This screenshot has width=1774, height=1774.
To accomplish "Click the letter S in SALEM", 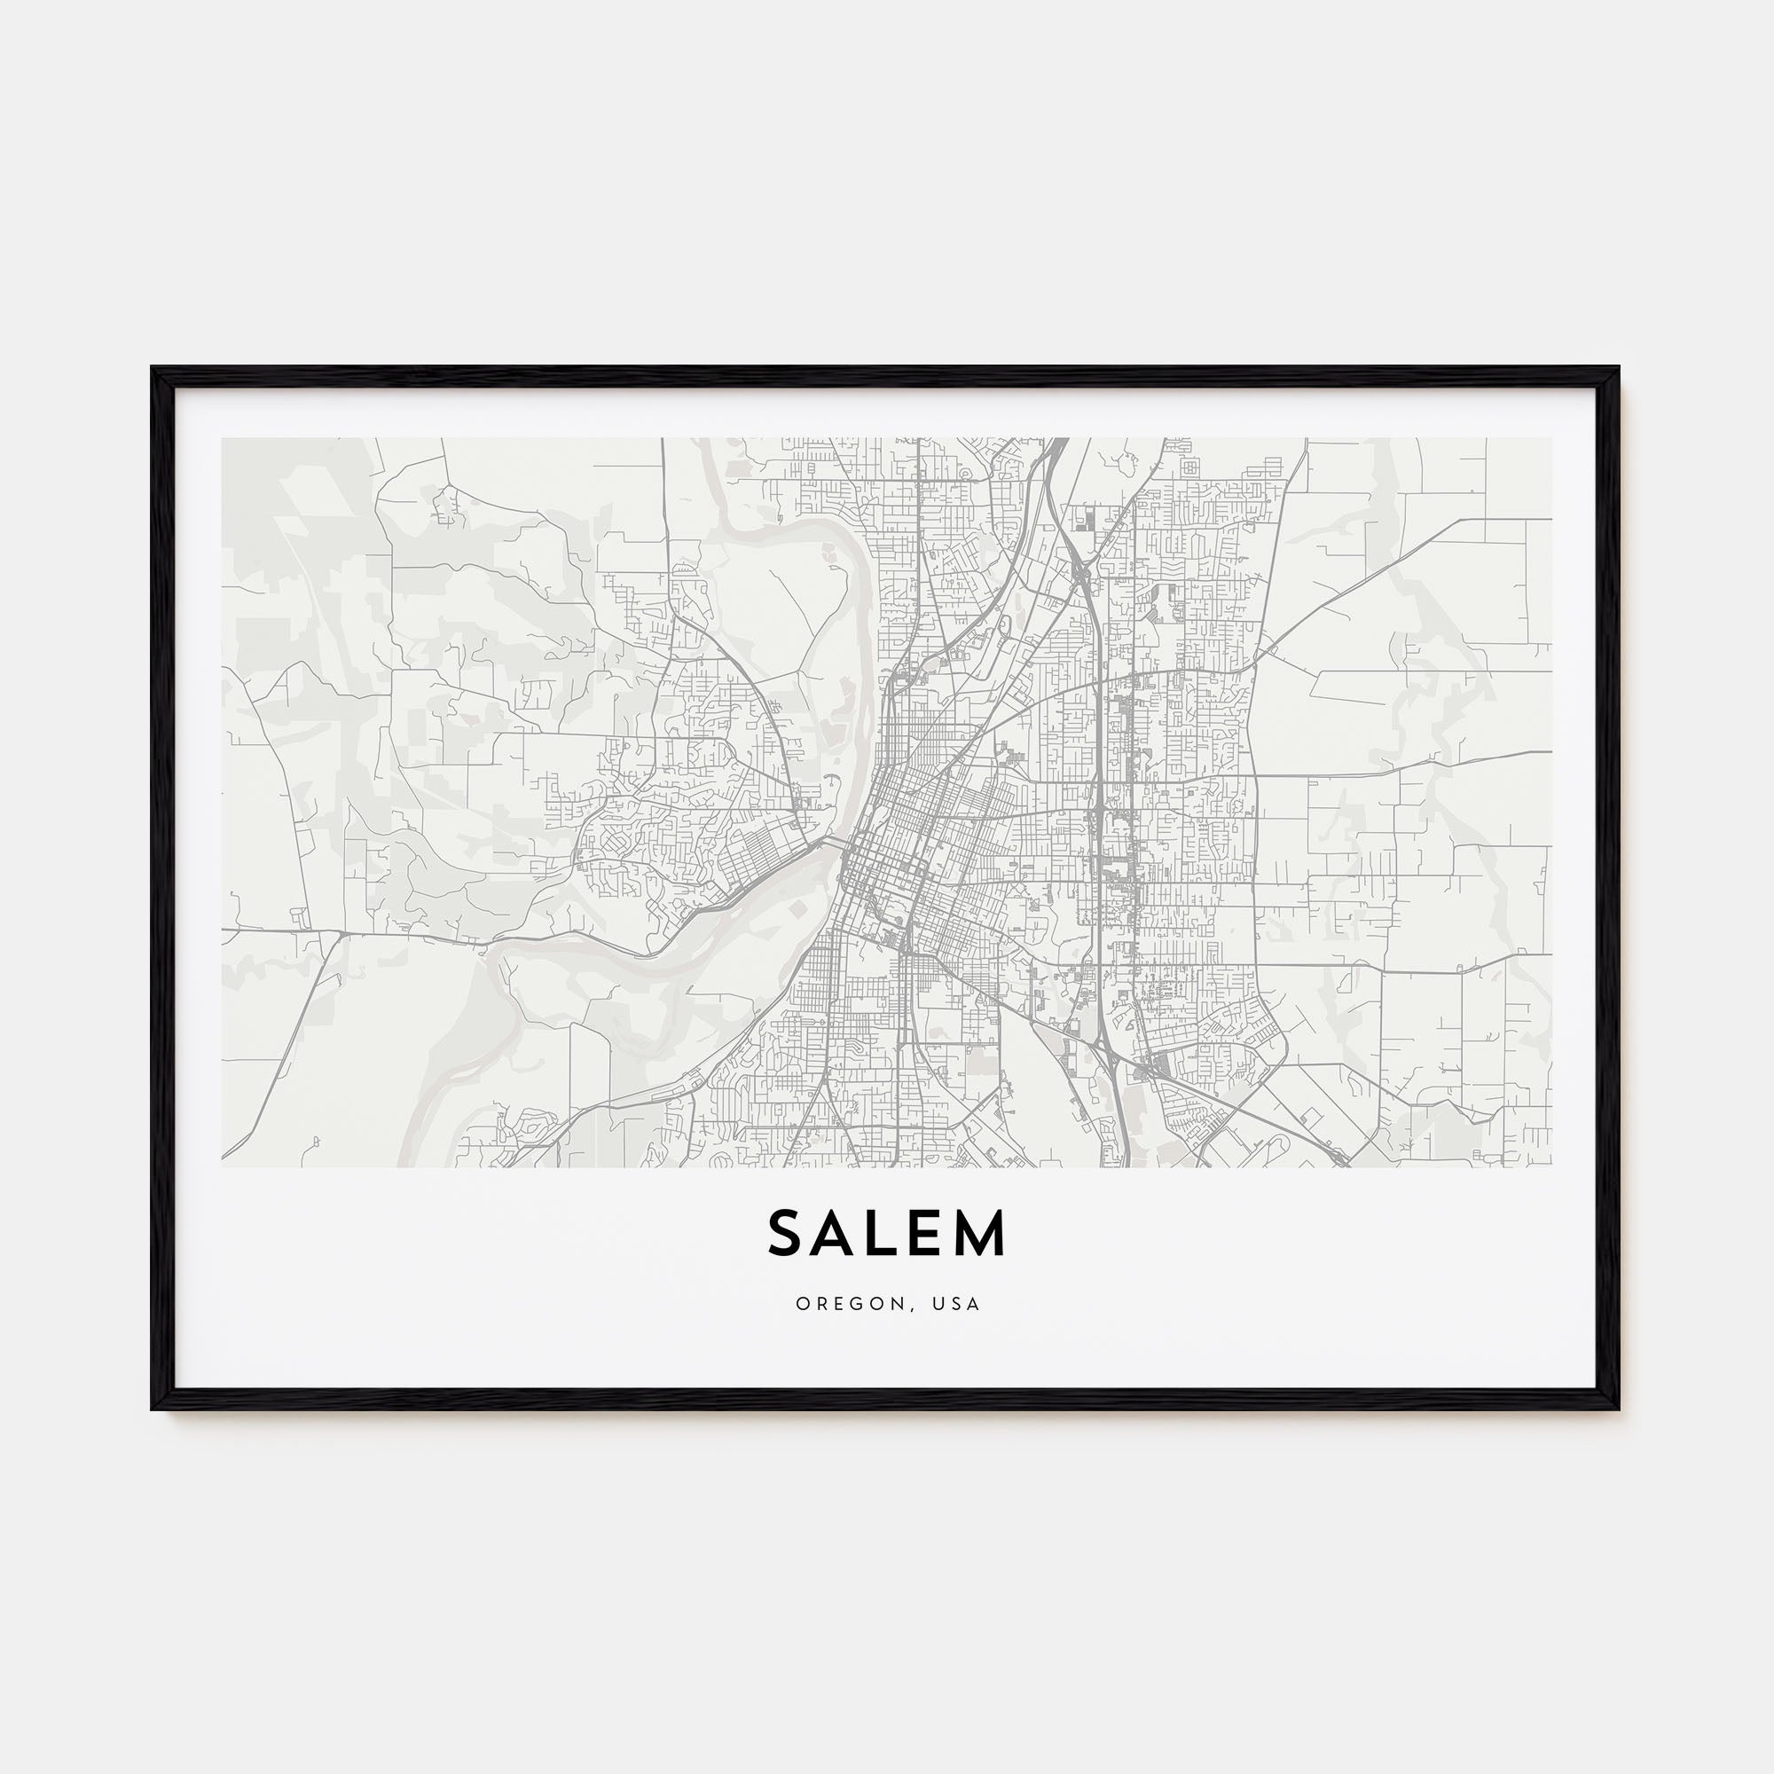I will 787,1233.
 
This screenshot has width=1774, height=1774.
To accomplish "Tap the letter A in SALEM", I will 839,1233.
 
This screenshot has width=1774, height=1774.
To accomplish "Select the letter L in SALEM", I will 886,1233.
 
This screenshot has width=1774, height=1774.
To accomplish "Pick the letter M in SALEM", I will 984,1233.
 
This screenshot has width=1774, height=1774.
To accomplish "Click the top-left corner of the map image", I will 223,438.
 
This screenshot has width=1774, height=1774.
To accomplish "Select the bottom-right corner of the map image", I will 1551,1167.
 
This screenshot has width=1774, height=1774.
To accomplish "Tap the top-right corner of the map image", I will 1551,438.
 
